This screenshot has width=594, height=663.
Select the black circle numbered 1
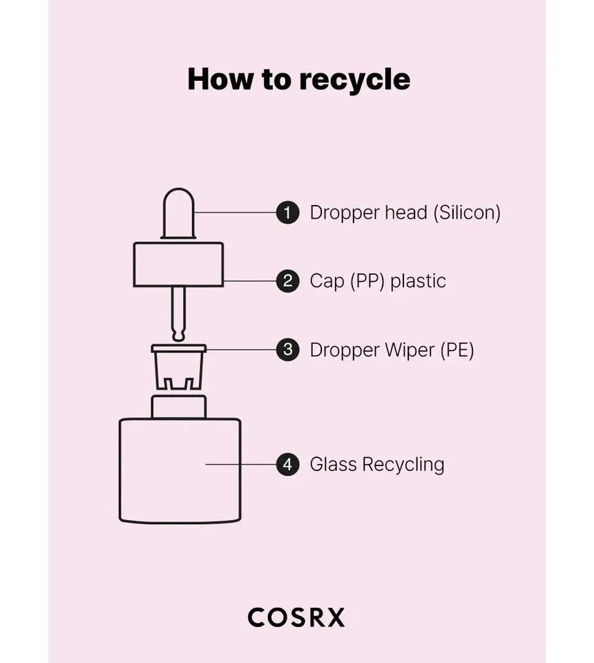pyautogui.click(x=287, y=212)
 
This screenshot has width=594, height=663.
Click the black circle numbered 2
pyautogui.click(x=287, y=281)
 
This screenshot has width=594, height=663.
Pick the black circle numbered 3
pyautogui.click(x=287, y=349)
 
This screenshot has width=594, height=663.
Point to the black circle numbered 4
pyautogui.click(x=287, y=464)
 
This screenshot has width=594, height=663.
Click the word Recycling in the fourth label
pyautogui.click(x=403, y=464)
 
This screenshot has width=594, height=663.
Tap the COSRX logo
pyautogui.click(x=296, y=617)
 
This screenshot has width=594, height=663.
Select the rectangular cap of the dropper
pyautogui.click(x=178, y=264)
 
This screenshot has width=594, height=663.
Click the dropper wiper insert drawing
pyautogui.click(x=178, y=366)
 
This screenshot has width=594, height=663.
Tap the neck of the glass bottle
pyautogui.click(x=178, y=405)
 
